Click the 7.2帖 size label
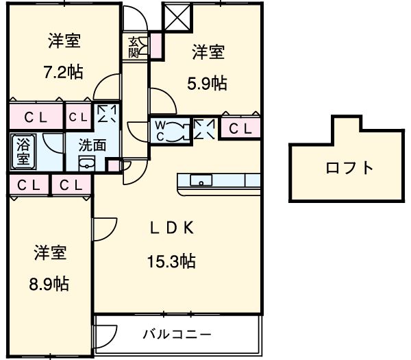point(64,71)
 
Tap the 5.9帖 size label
point(208,83)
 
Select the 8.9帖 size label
point(50,283)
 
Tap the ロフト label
point(349,167)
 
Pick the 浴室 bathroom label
point(23,152)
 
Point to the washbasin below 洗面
point(87,163)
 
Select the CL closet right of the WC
point(239,128)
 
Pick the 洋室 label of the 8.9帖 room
point(50,252)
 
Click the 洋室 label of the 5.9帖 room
point(208,52)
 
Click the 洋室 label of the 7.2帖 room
point(64,41)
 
